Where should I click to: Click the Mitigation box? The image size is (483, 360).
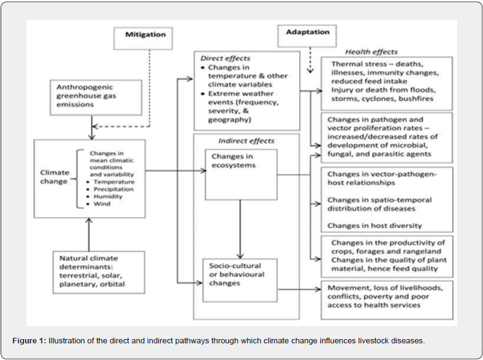point(143,38)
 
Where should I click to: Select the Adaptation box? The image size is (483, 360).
point(307,36)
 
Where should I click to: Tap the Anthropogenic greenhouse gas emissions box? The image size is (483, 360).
point(96,97)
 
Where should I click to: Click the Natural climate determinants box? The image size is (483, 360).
point(99,272)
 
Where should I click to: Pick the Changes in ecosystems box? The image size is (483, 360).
point(241,174)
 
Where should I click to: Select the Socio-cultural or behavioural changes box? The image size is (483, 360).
point(240,280)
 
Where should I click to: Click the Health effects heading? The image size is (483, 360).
point(371,52)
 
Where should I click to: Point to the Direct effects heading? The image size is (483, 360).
point(225,58)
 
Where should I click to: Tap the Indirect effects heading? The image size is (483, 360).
point(246,141)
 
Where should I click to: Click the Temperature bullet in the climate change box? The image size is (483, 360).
point(114,182)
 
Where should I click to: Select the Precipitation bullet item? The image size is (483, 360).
point(113,189)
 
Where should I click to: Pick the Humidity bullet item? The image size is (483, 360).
point(108,196)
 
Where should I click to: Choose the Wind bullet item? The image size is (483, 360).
point(102,203)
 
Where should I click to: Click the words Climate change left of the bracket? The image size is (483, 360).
point(54,177)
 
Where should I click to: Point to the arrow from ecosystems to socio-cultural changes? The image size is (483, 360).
point(240,229)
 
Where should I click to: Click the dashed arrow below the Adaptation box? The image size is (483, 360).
point(310,60)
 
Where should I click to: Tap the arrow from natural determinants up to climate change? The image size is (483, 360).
point(89,234)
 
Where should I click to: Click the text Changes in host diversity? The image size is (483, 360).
point(375,226)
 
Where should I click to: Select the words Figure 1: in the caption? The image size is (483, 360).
point(30,341)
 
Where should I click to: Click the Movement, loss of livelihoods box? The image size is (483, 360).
point(387,300)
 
